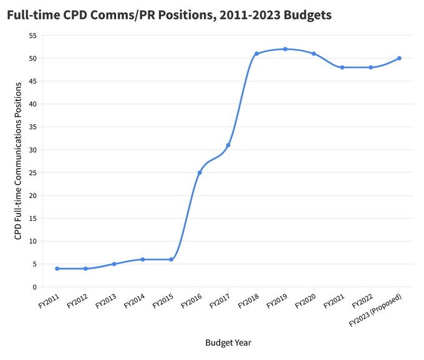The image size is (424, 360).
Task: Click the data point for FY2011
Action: pos(57,268)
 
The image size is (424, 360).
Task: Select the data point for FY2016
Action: pos(200,173)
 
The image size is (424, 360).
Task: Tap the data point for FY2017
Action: pos(228,145)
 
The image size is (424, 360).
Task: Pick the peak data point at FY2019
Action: pos(285,49)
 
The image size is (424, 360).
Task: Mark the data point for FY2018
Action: pos(256,54)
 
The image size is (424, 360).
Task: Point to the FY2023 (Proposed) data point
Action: pos(399,59)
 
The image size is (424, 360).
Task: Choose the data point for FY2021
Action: pos(342,67)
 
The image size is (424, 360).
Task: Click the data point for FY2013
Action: pos(114,264)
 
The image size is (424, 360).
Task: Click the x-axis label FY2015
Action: pos(163,302)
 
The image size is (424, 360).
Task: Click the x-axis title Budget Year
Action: pos(228,343)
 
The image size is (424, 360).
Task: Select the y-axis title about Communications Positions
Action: pos(18,162)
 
